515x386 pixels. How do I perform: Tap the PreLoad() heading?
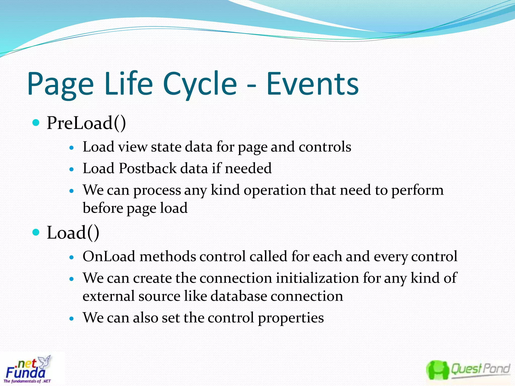coord(86,123)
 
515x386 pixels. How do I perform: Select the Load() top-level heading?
coord(73,233)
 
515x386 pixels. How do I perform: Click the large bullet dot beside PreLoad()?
coord(36,123)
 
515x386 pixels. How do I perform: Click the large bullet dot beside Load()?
coord(36,232)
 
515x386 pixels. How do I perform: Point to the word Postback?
coord(148,168)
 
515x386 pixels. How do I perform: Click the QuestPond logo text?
coord(480,369)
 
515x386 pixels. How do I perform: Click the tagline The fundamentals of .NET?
coord(27,381)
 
